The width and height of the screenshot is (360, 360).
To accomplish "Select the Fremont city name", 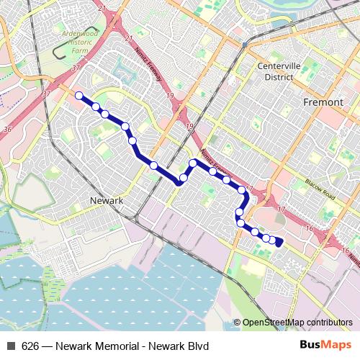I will (x=323, y=102).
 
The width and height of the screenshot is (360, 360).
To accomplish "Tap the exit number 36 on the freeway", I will (x=8, y=129).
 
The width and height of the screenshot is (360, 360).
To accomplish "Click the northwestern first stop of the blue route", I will (x=79, y=95).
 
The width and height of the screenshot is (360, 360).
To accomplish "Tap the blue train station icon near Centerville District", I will (x=244, y=44).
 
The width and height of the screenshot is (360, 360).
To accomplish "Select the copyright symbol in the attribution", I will (x=237, y=323).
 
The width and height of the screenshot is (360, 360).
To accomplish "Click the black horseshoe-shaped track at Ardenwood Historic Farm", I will (x=58, y=54).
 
